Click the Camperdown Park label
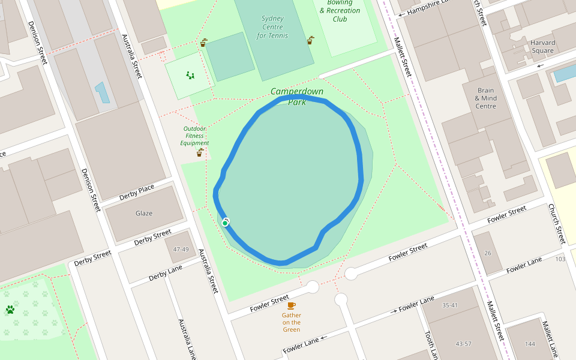coord(297,97)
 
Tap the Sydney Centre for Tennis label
coord(272,27)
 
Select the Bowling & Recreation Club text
coord(340,11)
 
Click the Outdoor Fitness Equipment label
coord(196,136)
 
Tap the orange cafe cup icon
coord(292,305)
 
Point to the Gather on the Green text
coord(292,322)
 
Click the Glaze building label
coord(144,213)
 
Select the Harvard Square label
coord(542,47)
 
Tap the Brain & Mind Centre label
coord(485,98)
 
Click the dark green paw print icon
coord(10,310)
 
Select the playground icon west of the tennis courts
coord(190,76)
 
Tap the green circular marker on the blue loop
coord(225,223)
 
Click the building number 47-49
coord(181,249)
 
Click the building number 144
coord(529,344)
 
